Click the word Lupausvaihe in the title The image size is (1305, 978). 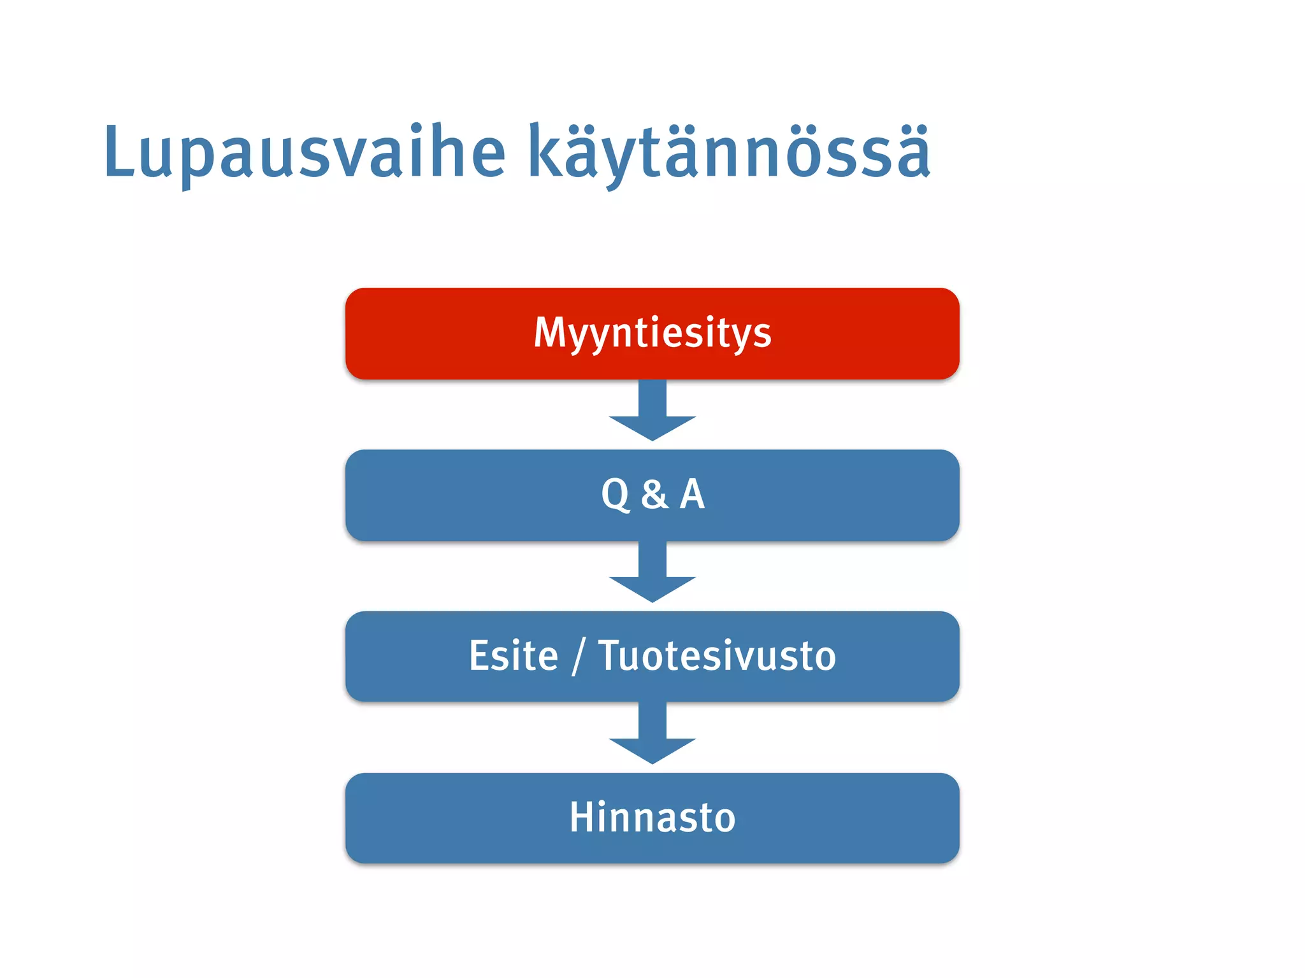pos(305,153)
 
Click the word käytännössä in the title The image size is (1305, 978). pos(729,153)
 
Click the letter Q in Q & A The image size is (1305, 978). pos(615,495)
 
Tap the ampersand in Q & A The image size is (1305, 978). pos(655,495)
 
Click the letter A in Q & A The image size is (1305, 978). pos(692,494)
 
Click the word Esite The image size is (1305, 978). pos(514,656)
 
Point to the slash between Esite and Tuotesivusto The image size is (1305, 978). pos(578,656)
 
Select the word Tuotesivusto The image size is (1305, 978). pos(717,656)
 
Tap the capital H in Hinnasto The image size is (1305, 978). pos(583,818)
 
